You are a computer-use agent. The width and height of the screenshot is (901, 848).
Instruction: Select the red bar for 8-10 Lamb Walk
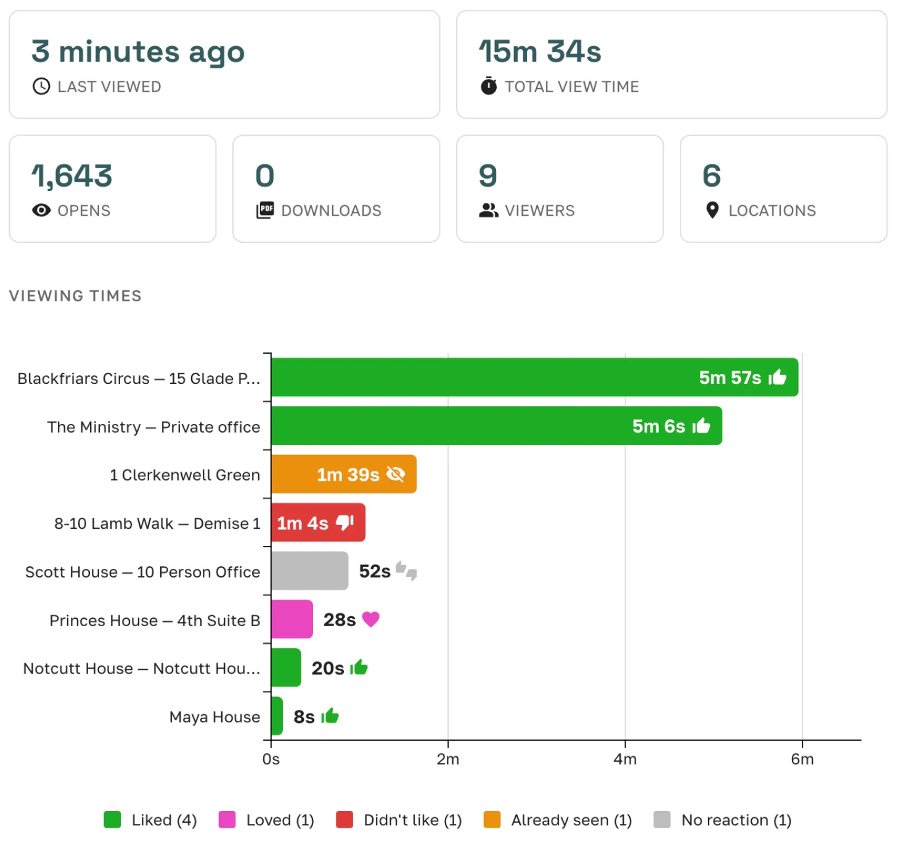coord(317,523)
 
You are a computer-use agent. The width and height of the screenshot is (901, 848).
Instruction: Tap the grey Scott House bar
coord(309,571)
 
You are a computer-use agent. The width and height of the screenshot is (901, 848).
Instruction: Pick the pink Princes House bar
coord(291,619)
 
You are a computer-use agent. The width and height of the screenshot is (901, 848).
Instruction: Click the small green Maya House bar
coord(277,716)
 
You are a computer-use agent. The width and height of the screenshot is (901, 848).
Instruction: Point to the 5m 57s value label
coord(730,378)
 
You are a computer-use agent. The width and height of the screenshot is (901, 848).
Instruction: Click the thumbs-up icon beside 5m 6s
coord(701,426)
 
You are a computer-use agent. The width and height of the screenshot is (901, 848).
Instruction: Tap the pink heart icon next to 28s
coord(370,619)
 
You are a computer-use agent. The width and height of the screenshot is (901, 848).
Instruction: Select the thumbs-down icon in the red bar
coord(344,523)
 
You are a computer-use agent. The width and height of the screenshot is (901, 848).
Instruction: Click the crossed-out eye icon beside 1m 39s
coord(395,474)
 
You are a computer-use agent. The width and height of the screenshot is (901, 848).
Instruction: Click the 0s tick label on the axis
coord(271,759)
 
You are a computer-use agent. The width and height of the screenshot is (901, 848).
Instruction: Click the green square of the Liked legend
coord(112,820)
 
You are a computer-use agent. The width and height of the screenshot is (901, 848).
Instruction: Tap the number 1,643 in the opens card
coord(72,176)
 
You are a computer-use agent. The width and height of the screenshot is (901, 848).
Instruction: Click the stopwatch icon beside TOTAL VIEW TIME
coord(489,86)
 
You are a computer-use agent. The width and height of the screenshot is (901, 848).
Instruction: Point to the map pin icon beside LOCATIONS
coord(712,210)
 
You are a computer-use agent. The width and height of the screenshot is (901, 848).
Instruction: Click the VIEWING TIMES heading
coord(75,296)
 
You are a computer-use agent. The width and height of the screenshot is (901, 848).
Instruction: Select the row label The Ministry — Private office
coord(153,427)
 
